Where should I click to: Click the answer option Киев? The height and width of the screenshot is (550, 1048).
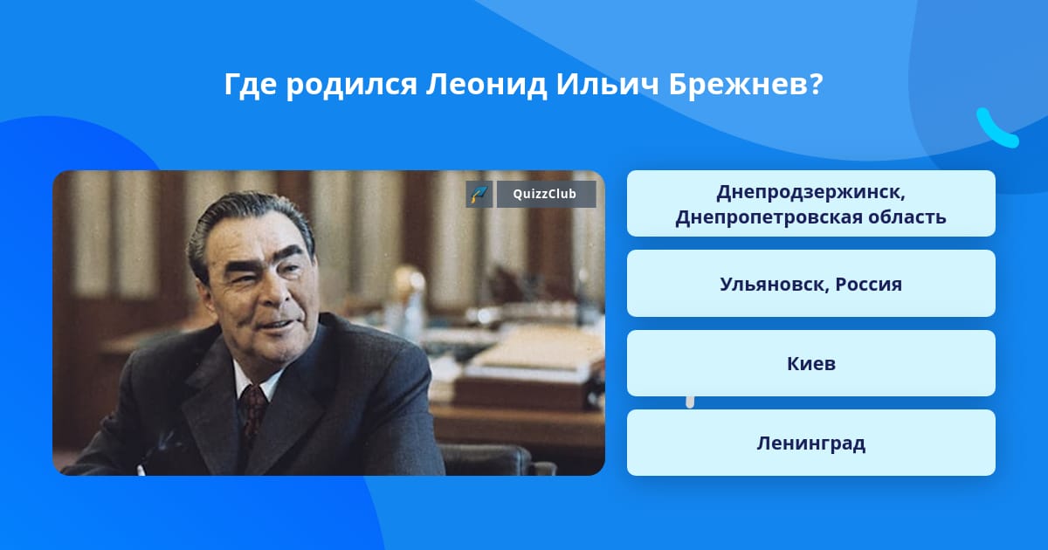[x=810, y=363]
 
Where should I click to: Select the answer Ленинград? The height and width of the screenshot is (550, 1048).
[x=810, y=443]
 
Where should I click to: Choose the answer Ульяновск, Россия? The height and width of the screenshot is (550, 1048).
[x=810, y=284]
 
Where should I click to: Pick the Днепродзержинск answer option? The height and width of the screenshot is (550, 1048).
[x=810, y=203]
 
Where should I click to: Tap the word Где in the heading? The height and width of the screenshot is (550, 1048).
[x=251, y=86]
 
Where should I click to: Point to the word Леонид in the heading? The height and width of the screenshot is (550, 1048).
[x=486, y=86]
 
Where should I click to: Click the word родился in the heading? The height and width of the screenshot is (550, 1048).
[x=351, y=86]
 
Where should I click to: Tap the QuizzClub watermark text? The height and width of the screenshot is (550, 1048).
[x=545, y=194]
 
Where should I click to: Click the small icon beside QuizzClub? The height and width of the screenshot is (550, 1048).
[x=479, y=194]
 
